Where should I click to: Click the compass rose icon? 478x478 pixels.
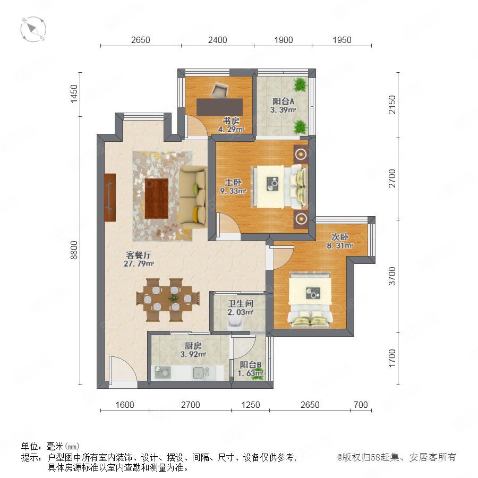[33, 29]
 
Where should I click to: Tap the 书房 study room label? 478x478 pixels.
[231, 121]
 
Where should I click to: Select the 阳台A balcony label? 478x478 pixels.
[283, 101]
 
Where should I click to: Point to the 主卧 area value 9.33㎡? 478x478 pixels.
[233, 191]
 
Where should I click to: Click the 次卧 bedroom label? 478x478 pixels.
[339, 237]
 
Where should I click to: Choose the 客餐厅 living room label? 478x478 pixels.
[139, 255]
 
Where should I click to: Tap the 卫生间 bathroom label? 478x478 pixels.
[241, 303]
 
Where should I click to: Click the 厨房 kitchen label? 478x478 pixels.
[193, 346]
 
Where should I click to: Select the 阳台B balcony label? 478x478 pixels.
[250, 364]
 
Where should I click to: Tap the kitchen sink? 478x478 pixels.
[201, 372]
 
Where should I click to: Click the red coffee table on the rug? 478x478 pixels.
[157, 199]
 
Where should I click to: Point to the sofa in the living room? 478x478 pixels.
[193, 197]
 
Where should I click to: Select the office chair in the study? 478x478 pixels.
[219, 90]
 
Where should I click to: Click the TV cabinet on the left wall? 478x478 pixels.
[110, 198]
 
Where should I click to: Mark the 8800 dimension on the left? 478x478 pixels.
[74, 250]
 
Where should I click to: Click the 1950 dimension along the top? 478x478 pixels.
[342, 40]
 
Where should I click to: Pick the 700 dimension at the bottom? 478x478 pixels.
[361, 405]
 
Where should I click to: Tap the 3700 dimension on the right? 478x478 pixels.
[392, 276]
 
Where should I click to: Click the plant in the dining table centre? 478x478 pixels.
[174, 298]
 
